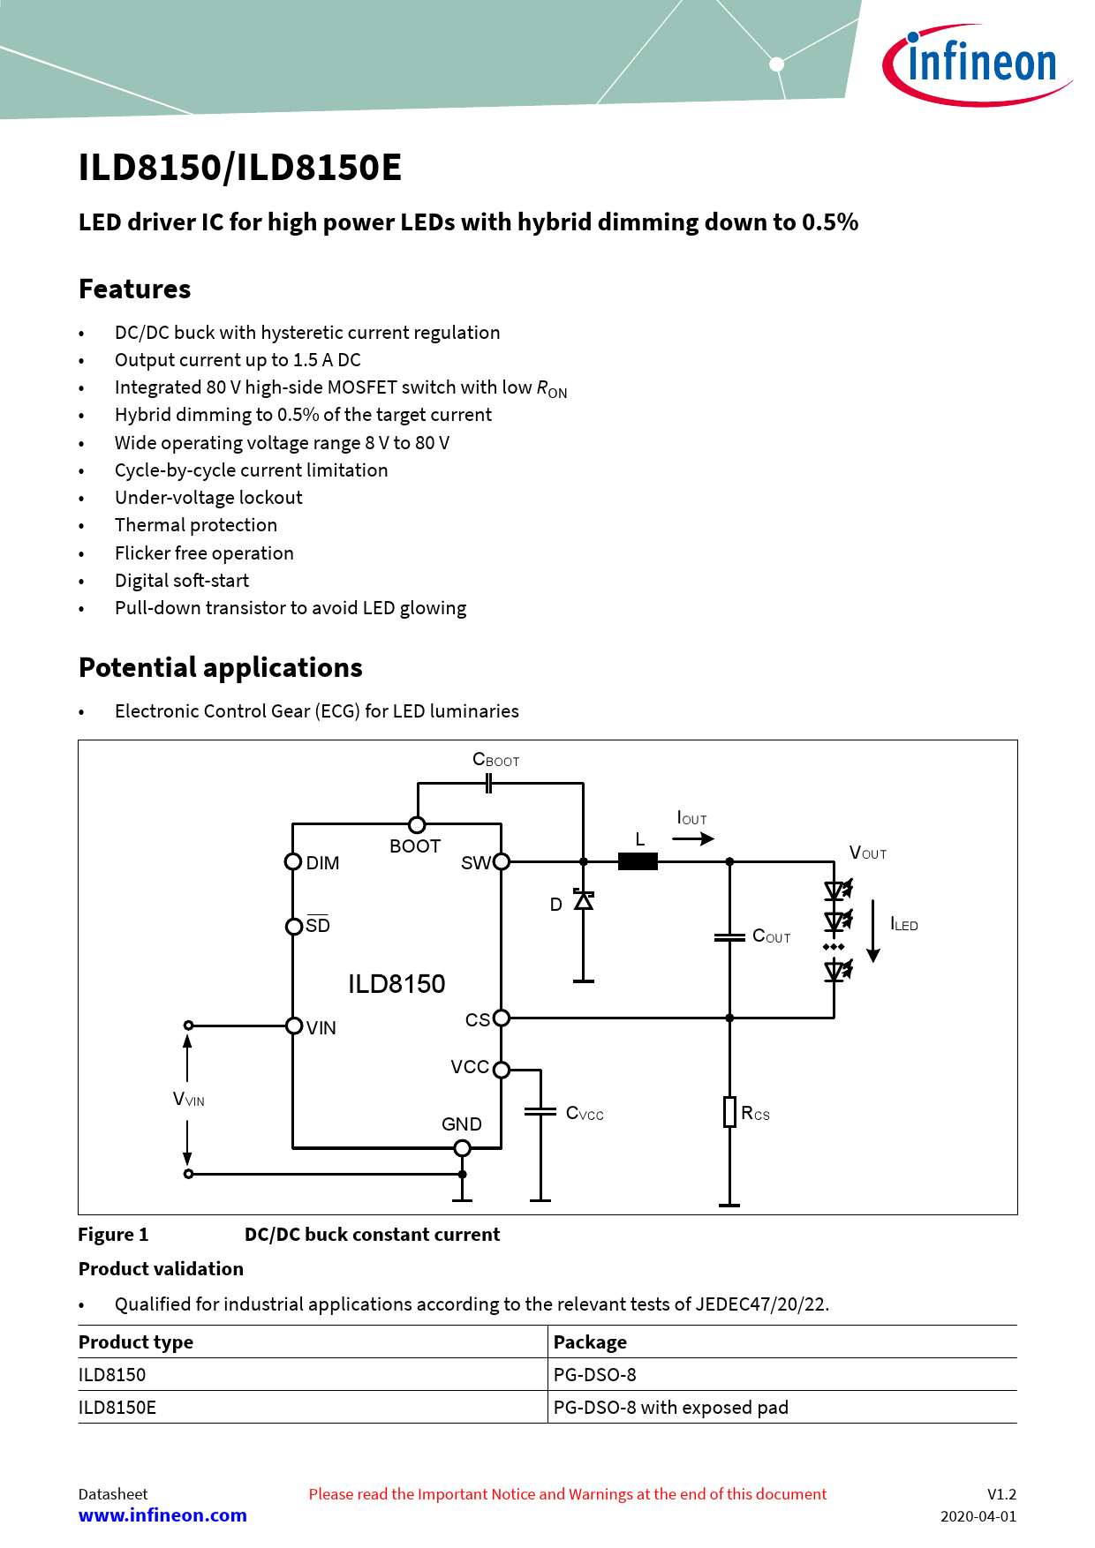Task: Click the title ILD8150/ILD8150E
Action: [240, 168]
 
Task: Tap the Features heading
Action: [134, 289]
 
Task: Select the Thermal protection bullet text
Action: [196, 525]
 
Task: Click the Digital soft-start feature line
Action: [182, 581]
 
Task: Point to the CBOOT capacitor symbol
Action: [488, 783]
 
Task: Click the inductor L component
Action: [638, 861]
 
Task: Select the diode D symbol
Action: [583, 901]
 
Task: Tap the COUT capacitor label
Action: [771, 936]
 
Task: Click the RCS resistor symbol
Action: [729, 1112]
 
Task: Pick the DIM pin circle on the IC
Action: [293, 861]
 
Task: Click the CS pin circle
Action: [502, 1018]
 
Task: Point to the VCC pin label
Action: [470, 1067]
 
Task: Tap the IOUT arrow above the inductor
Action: [694, 838]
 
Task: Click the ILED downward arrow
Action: [873, 931]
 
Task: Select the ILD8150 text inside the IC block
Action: [396, 984]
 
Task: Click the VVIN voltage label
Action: [188, 1100]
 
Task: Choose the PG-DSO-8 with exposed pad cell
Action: [670, 1408]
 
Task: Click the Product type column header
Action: [136, 1342]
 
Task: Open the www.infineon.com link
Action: [162, 1515]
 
